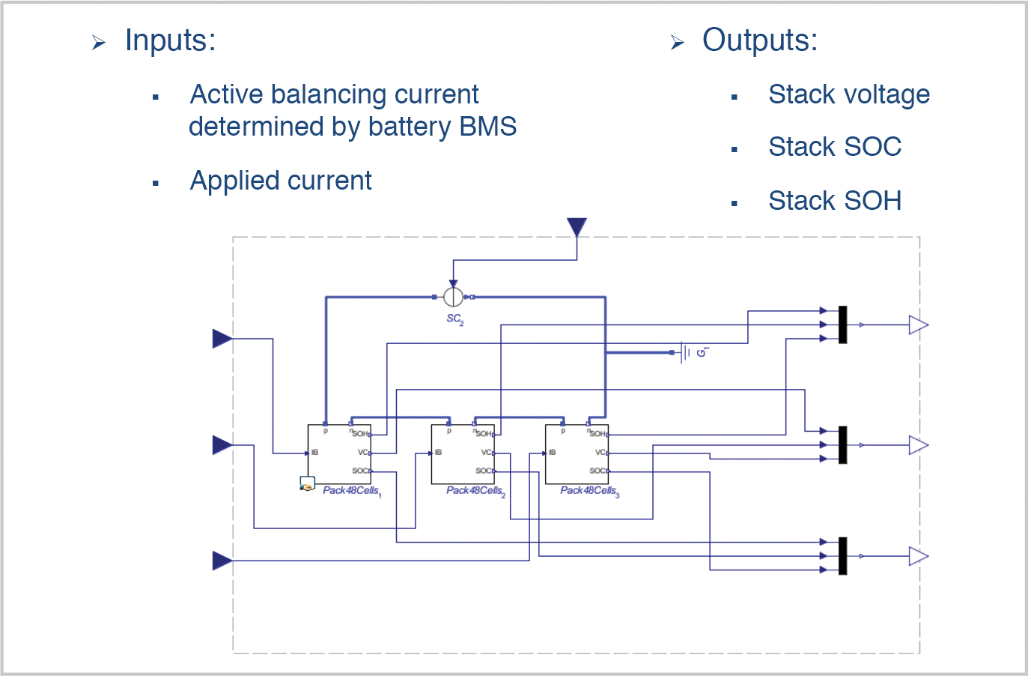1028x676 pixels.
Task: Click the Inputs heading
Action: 170,40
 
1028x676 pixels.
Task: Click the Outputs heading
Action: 759,40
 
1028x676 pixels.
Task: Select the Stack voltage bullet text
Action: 848,95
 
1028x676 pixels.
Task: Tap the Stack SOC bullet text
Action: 834,148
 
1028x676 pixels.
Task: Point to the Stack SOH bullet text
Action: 834,201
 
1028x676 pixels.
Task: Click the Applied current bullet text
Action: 281,181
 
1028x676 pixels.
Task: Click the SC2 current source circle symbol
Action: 453,297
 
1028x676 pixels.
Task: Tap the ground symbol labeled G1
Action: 684,352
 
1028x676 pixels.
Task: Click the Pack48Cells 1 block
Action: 339,454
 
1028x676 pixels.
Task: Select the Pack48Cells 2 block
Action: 463,454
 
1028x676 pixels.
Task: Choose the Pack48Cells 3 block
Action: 577,454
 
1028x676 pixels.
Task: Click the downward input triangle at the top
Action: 577,226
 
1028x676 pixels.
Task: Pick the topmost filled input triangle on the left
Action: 222,339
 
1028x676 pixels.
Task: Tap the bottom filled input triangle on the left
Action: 222,561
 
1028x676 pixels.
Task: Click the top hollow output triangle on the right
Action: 918,325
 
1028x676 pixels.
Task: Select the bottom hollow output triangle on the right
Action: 918,556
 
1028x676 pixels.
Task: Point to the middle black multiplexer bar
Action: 842,445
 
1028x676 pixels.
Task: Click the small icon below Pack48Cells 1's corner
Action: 307,484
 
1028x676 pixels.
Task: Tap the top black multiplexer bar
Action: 842,325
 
